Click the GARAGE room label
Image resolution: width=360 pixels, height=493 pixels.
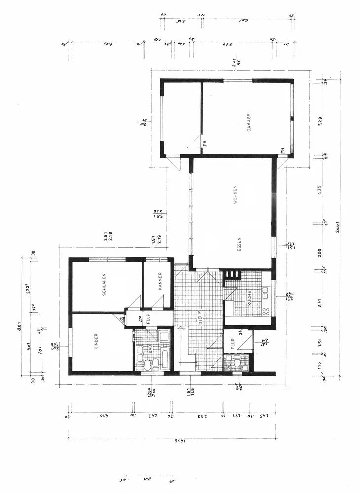(249, 122)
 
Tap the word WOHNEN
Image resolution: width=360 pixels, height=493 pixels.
(236, 195)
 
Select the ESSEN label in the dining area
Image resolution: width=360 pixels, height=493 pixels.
(239, 245)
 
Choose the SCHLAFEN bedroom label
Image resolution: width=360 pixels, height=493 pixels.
(105, 285)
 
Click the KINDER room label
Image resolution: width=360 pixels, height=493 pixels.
(96, 341)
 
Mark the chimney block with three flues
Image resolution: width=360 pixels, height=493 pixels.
(230, 274)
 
